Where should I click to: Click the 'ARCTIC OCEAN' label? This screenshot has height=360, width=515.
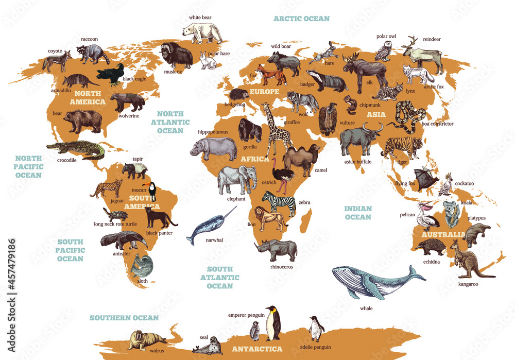point(301,19)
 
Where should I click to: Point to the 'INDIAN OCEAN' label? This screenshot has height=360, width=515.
point(357,213)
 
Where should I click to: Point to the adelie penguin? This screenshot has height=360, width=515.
point(316,328)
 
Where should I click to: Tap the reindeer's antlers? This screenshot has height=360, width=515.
point(411,42)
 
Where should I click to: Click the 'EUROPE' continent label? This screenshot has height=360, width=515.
point(264,92)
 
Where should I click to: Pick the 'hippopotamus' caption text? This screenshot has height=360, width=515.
point(213,132)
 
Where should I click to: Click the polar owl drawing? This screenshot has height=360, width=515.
point(383,50)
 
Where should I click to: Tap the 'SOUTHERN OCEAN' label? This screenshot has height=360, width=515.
point(124,318)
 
